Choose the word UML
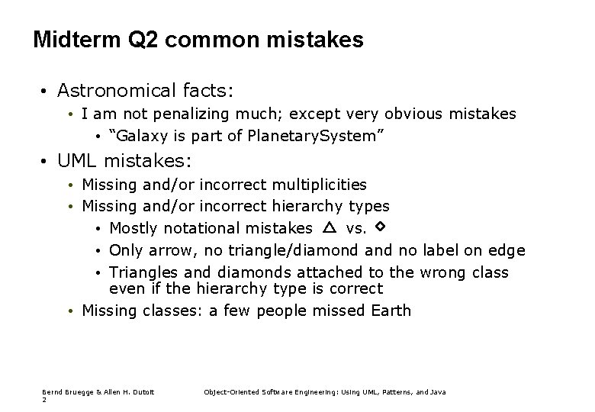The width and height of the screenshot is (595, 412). (78, 161)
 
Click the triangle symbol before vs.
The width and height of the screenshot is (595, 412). (329, 227)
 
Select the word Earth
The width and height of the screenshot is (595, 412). (390, 311)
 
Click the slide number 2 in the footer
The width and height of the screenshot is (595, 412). (44, 400)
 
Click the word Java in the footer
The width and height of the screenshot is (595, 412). (438, 392)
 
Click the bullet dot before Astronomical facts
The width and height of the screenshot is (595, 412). (46, 91)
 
